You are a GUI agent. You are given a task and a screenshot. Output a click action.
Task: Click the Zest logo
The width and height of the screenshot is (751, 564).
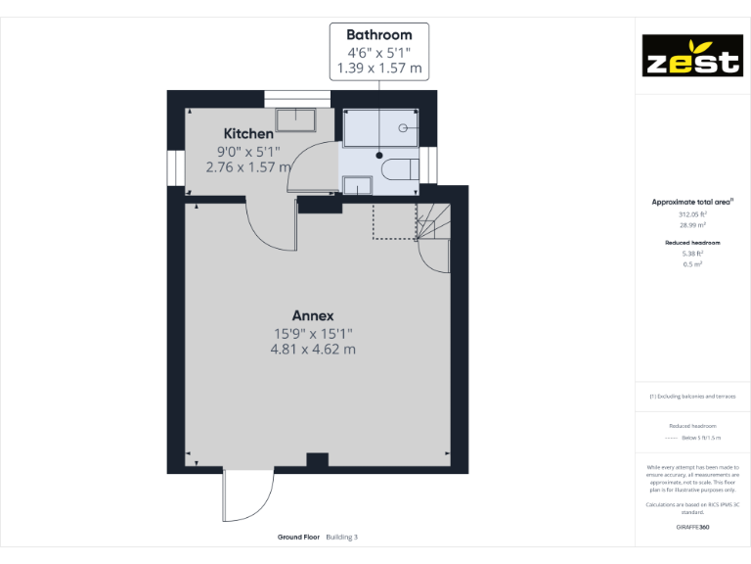coord(690,56)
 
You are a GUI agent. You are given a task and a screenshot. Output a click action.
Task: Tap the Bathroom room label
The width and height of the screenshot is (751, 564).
coord(379,34)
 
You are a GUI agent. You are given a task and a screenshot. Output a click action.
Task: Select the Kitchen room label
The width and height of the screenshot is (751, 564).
coord(248,133)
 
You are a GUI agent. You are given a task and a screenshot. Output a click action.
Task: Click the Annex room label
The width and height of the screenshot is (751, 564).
coord(313,315)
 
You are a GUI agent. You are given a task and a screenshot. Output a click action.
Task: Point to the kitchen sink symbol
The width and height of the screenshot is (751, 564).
coord(295,119)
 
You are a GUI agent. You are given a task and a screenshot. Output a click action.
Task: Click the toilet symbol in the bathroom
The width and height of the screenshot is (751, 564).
coord(398,168)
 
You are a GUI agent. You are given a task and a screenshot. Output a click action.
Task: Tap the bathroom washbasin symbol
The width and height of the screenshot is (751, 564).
coord(357,185)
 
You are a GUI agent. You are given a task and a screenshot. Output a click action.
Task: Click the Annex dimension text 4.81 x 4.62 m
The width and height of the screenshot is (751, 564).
coord(313,349)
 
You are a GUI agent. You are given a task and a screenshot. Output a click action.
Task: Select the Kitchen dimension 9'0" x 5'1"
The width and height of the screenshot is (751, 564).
coord(248,151)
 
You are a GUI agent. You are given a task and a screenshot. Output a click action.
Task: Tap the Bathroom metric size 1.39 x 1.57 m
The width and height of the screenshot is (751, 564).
coord(379,69)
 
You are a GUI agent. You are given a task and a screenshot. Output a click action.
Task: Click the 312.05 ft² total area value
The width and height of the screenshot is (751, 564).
coord(692,213)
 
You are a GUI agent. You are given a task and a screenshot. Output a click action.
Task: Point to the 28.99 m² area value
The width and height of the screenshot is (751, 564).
coord(692,224)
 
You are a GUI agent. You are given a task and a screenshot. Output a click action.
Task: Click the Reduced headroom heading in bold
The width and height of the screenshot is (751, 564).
coord(692,242)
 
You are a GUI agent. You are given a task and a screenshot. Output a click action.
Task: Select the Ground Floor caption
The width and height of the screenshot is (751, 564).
coord(298,537)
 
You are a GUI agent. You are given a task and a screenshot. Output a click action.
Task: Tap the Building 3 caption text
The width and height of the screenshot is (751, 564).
coord(342,537)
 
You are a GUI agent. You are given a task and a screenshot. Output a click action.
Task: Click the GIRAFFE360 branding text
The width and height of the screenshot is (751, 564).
coord(692,527)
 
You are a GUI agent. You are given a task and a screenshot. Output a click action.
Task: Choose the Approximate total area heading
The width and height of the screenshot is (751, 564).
coord(692,202)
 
